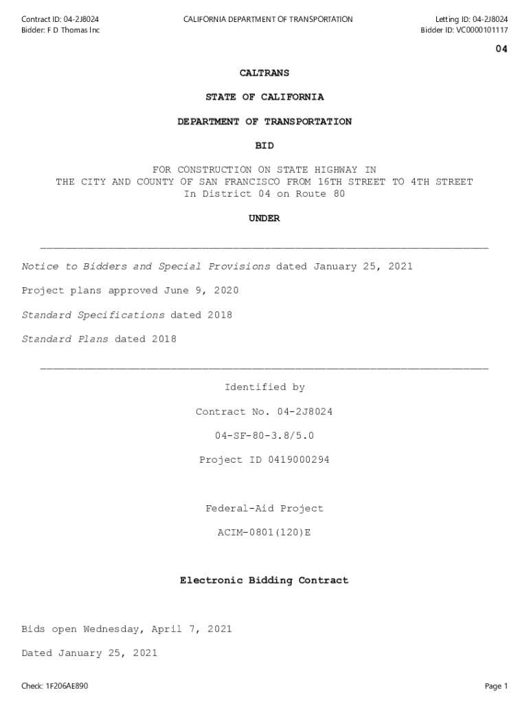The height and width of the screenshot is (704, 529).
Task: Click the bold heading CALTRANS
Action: pos(264,73)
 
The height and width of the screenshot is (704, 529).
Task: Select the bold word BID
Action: pos(264,146)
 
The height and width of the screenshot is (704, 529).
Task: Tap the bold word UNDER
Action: pos(264,219)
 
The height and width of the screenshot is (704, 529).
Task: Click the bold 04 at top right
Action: pos(502,49)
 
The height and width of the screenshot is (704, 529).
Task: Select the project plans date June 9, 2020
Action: pos(201,291)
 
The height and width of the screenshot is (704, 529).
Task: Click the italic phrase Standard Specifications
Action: pos(93,316)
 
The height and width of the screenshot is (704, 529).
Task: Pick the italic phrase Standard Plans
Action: pos(65,340)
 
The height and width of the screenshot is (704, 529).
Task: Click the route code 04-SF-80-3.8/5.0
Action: pos(264,436)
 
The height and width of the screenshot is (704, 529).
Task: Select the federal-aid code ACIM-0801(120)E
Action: pos(264,533)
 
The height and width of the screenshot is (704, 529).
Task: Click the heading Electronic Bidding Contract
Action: pos(264,581)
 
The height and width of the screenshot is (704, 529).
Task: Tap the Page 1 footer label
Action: pos(496,686)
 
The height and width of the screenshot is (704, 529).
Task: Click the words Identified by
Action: pos(264,388)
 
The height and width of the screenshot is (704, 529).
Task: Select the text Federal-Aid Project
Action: pos(264,509)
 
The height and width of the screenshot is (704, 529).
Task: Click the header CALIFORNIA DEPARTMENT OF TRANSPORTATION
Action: pos(268,19)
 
